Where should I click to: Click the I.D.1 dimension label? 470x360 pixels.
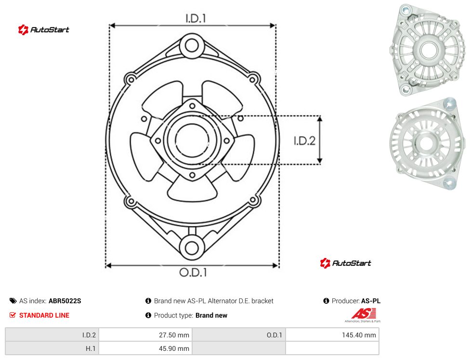click(x=196, y=19)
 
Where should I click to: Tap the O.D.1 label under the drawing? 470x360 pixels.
click(x=193, y=272)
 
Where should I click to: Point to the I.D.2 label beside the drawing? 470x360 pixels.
click(x=304, y=141)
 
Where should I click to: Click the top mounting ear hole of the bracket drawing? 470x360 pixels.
click(x=192, y=46)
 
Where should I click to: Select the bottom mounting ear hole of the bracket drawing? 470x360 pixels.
click(x=192, y=248)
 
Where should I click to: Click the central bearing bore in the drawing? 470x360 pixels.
click(x=192, y=140)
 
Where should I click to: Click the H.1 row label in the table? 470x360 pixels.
click(x=91, y=348)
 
